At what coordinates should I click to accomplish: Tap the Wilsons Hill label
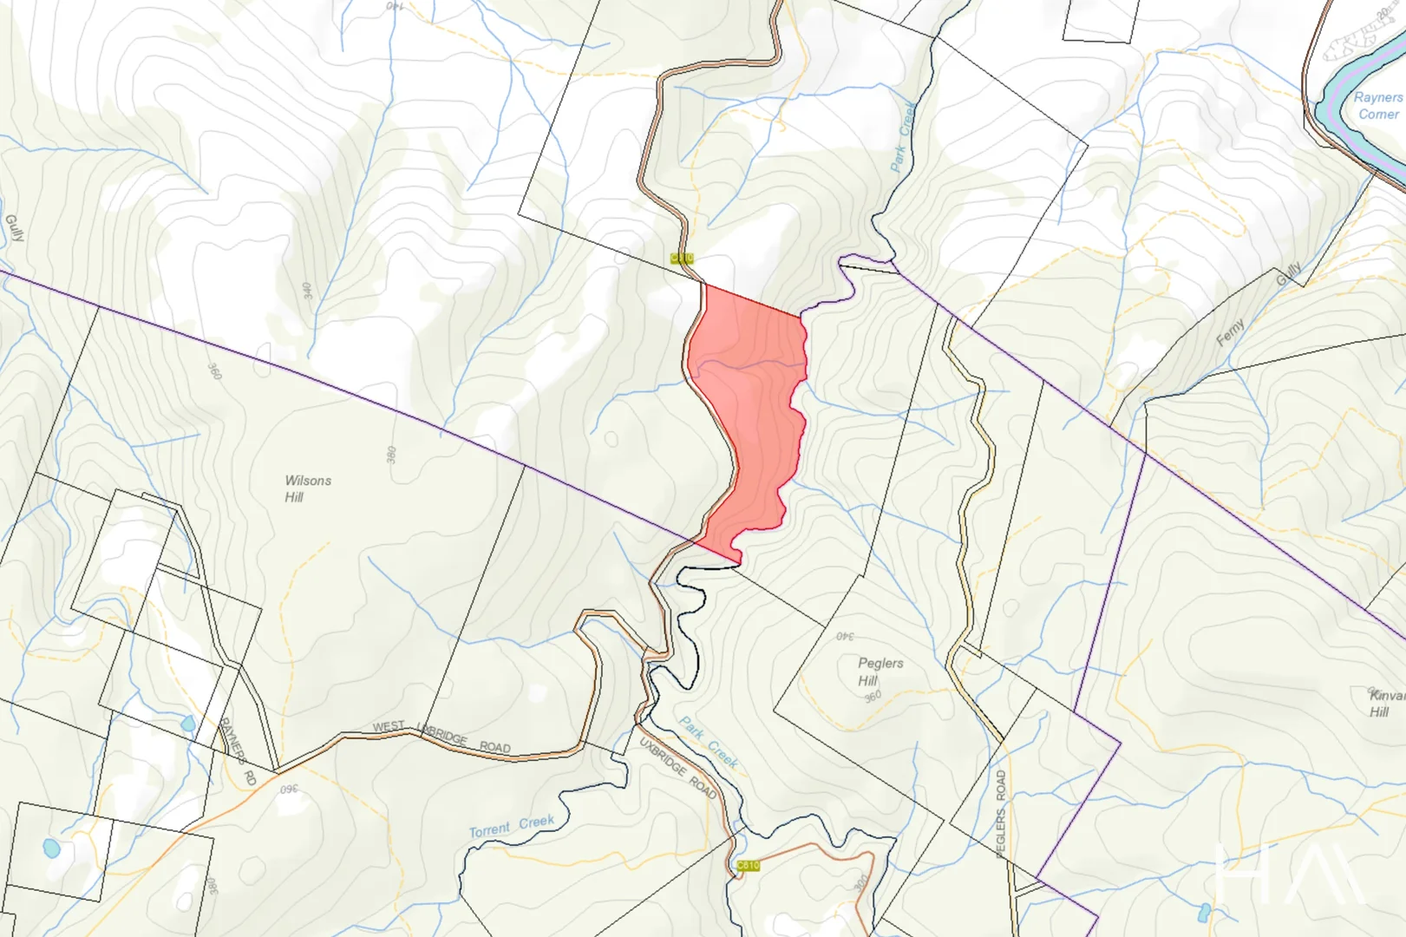[307, 488]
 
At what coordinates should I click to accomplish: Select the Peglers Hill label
[880, 672]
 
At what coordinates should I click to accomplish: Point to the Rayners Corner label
[1377, 106]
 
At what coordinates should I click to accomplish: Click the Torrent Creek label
[512, 826]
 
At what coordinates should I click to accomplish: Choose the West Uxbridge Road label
[441, 737]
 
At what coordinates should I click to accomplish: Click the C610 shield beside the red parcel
[682, 258]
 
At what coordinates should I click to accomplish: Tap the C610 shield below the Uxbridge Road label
[748, 866]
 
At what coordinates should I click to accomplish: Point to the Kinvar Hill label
[1386, 704]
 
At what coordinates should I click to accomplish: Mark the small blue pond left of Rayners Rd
[187, 724]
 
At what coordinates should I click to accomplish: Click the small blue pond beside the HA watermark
[1203, 913]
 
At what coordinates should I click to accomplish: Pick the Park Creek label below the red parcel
[709, 743]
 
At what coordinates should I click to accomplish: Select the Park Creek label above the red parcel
[903, 135]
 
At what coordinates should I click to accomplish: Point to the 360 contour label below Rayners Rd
[289, 790]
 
